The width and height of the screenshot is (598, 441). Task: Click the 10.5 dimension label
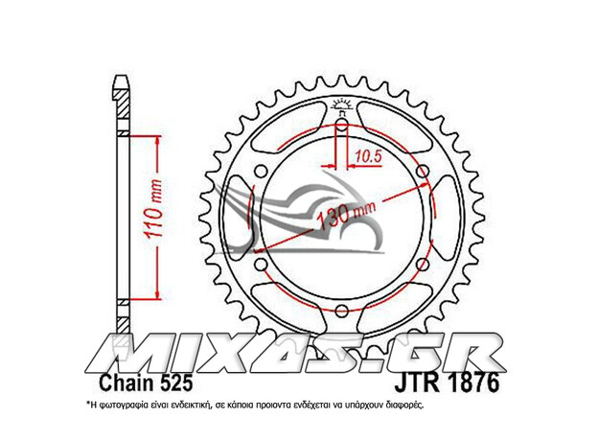[368, 155]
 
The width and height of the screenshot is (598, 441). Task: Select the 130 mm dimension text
[346, 216]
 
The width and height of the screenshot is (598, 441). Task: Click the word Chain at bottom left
[125, 383]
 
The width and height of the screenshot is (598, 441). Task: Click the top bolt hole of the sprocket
[342, 124]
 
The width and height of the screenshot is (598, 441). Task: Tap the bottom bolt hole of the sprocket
[342, 310]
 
